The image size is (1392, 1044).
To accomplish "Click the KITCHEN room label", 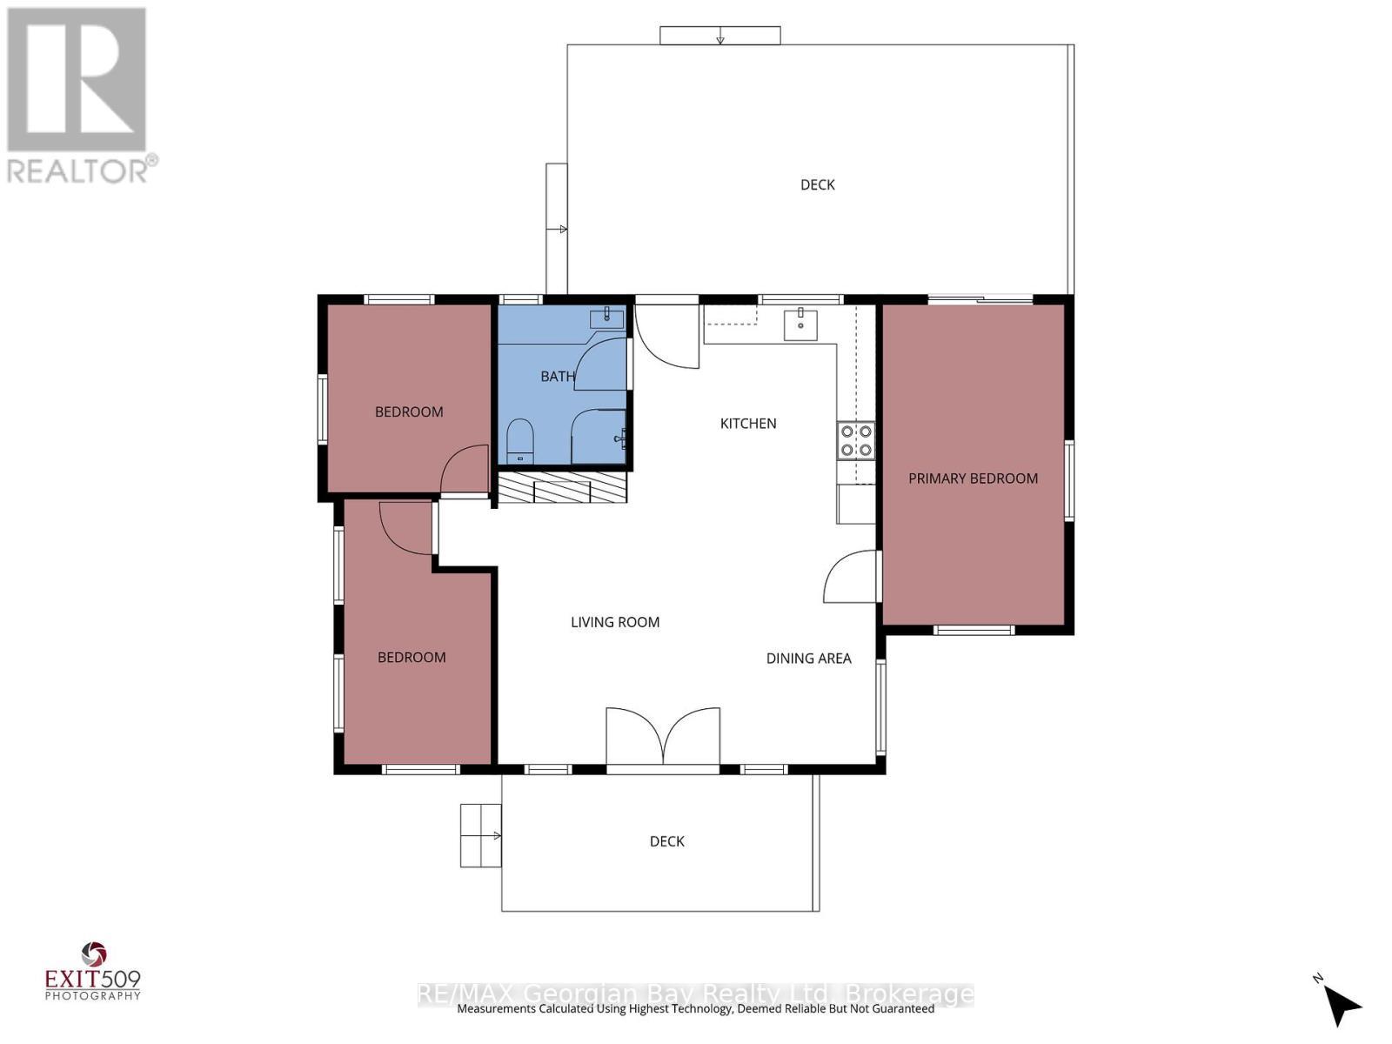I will coord(748,424).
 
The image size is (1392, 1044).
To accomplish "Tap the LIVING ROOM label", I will coord(615,622).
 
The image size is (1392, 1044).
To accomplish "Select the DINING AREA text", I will coord(808,659).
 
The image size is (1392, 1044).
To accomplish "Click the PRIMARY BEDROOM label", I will coord(973,478).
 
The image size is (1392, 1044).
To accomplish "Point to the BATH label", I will coord(558,377).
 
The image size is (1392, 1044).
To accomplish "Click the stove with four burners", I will coord(856,440).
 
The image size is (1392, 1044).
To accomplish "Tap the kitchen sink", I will coord(800,325).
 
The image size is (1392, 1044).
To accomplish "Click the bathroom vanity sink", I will coord(606,318).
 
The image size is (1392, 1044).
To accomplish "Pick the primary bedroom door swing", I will coord(851,577).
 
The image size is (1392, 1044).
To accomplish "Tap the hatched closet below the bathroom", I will coord(562,488).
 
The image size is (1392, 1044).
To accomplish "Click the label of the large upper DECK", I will coord(817,184).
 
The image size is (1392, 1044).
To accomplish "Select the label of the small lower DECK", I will coord(667,841).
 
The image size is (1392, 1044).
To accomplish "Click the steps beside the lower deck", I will coord(480,835).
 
